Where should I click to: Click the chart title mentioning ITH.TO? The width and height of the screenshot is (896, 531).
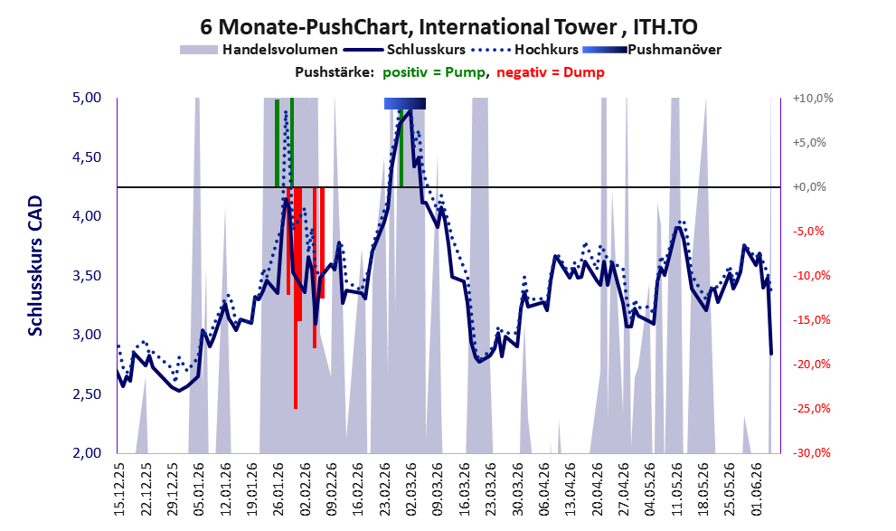tap(448, 27)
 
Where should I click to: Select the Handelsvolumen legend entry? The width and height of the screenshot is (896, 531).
tap(259, 50)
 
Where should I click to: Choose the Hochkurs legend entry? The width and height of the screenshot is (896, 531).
tap(525, 50)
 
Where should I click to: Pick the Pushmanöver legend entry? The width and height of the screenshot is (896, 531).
tap(652, 50)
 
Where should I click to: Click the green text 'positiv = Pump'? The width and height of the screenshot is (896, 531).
tap(435, 72)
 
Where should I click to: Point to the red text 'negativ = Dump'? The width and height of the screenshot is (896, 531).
tap(551, 72)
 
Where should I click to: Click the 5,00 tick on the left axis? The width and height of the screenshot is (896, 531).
tap(86, 98)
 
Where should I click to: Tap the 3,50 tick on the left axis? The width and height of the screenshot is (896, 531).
tap(86, 276)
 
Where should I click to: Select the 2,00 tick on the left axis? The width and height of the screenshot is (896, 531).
tap(86, 453)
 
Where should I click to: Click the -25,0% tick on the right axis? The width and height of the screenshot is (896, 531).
tap(811, 409)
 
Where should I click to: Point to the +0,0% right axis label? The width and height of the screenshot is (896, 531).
tap(809, 187)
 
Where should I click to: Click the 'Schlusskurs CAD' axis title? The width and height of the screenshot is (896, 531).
tap(35, 266)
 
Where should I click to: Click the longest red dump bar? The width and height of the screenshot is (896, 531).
tap(296, 298)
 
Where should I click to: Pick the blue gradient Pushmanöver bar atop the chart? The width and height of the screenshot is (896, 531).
tap(404, 103)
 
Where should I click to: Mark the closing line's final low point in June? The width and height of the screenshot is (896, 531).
tap(771, 354)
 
